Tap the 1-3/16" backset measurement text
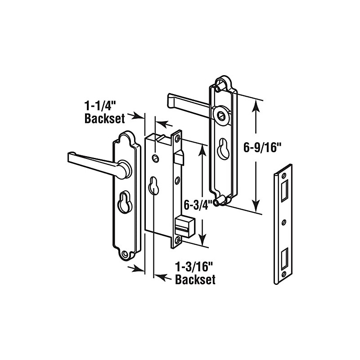tap(195, 273)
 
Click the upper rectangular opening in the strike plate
tap(284, 190)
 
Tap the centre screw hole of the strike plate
tap(284, 222)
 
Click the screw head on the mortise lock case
tap(156, 157)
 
